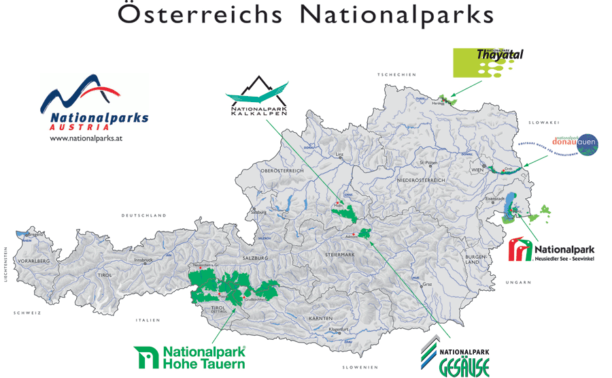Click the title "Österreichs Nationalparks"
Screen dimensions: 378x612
305,15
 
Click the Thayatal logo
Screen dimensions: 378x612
489,62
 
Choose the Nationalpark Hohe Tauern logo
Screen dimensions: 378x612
190,357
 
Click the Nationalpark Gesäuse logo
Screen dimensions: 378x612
455,356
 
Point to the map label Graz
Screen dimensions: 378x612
427,284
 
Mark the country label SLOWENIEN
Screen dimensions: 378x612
360,367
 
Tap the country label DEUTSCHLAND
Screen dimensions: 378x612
144,215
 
